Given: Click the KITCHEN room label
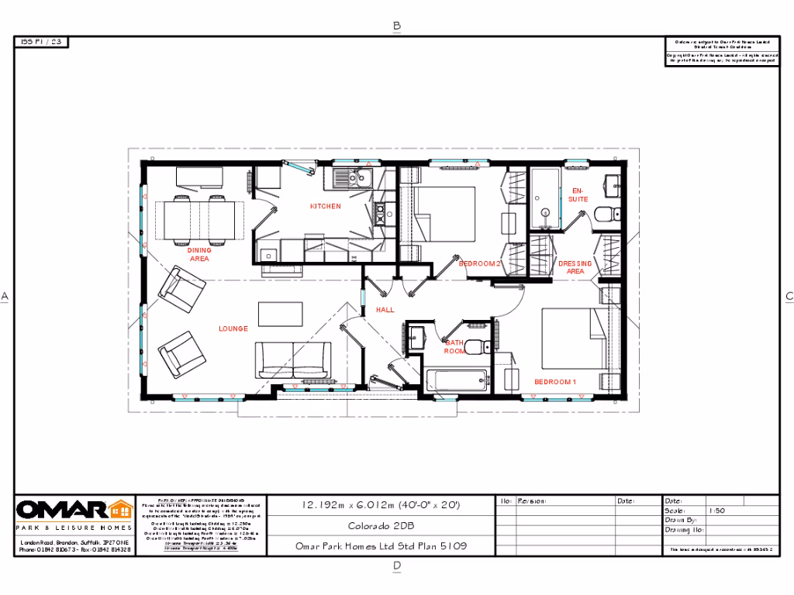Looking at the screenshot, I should point(325,206).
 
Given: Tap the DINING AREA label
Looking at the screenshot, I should point(199,254).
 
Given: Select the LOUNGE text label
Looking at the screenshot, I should point(233,328).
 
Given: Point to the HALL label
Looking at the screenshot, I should point(385,309).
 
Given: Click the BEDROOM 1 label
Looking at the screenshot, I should point(555,382).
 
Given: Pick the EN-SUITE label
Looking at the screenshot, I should point(578,194).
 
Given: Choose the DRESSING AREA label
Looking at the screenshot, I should point(575,267).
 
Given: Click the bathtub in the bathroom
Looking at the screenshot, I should point(457,381).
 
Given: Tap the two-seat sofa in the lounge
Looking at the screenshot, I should point(293,360).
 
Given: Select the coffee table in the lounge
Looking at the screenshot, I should point(280,313).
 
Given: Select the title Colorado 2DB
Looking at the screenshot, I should point(381,525).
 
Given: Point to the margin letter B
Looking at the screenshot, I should point(397,26).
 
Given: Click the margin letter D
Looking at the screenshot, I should point(397,566).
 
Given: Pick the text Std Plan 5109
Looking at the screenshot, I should point(435,546).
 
